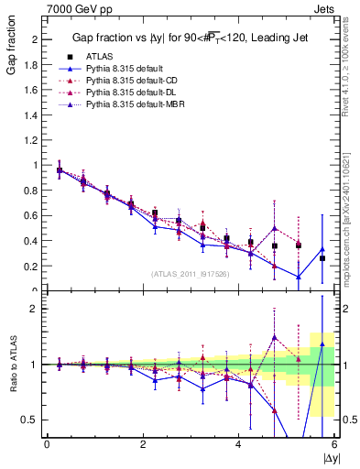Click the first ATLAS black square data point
coord(60,170)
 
